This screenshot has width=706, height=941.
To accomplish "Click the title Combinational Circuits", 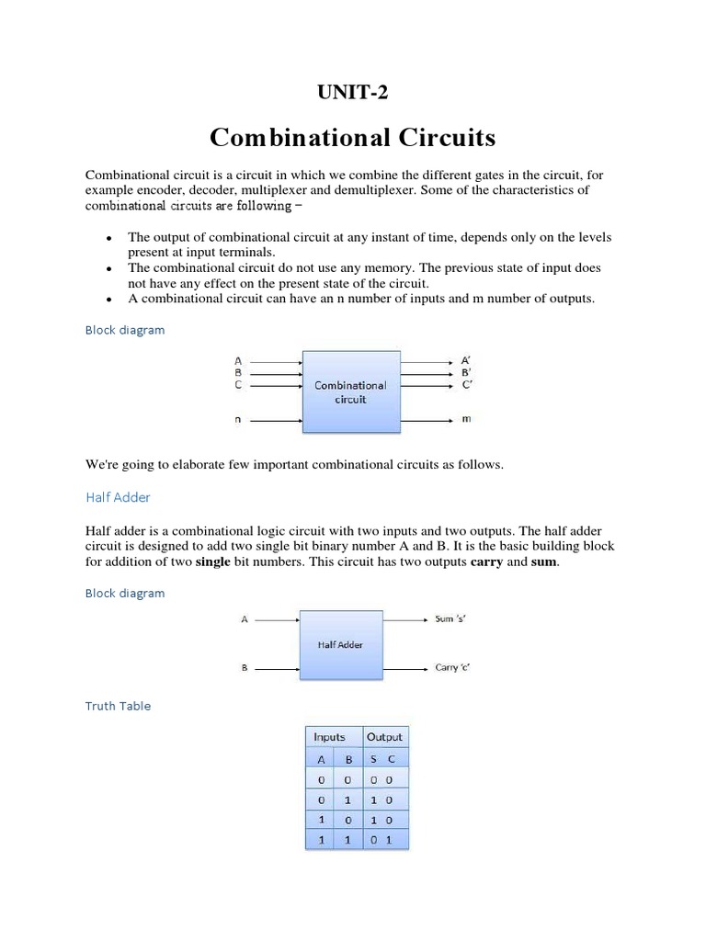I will [x=352, y=137].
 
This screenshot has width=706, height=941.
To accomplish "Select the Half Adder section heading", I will [x=118, y=497].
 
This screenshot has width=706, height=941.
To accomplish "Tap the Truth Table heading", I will [x=118, y=706].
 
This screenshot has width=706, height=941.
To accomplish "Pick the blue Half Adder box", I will [x=341, y=645].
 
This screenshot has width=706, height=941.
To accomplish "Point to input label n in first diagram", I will [x=238, y=420].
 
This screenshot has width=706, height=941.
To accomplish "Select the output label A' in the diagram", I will [x=466, y=361].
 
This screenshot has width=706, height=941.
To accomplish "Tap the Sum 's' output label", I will [x=450, y=619].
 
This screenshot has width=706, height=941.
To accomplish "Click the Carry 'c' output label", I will [x=453, y=668].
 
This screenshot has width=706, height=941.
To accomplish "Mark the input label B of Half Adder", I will [x=245, y=668].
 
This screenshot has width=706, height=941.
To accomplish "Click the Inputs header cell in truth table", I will [x=330, y=737].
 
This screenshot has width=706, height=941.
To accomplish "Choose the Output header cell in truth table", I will [x=384, y=737].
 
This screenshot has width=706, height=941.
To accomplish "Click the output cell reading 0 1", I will [x=384, y=840].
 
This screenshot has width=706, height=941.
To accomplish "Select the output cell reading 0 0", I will [x=384, y=779].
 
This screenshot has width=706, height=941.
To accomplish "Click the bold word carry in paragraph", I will [x=487, y=562].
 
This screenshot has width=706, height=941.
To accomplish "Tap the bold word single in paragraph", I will [x=213, y=562].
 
